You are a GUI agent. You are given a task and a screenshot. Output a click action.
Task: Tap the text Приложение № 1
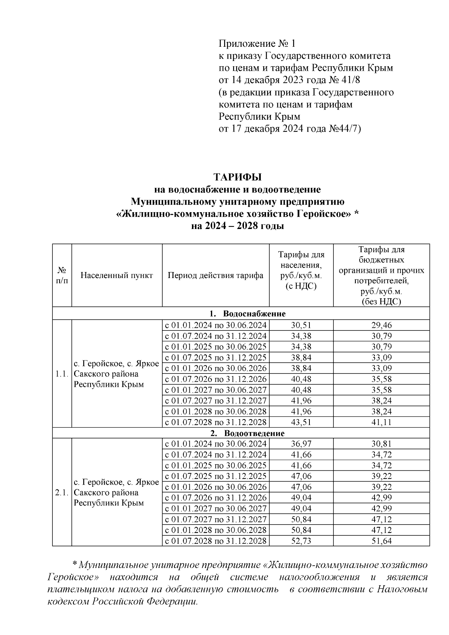tap(257, 44)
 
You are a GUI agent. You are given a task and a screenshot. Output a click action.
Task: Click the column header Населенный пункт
tap(117, 276)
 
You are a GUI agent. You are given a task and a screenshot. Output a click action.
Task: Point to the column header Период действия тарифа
tap(216, 276)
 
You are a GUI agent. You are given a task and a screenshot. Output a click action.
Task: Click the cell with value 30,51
tap(301, 325)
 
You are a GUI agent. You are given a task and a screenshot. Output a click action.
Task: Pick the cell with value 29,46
tap(381, 325)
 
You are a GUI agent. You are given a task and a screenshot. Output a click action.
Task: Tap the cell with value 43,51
tap(301, 422)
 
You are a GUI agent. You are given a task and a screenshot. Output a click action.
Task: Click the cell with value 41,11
tap(381, 422)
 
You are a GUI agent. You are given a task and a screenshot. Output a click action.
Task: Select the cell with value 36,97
tap(301, 444)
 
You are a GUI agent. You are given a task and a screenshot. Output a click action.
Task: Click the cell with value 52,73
tap(301, 541)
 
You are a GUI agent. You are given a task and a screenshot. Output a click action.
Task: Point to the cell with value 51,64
tap(381, 541)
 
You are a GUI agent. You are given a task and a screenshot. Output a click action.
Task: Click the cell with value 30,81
tap(381, 444)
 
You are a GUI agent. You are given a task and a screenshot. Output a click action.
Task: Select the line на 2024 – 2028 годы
tap(237, 226)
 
